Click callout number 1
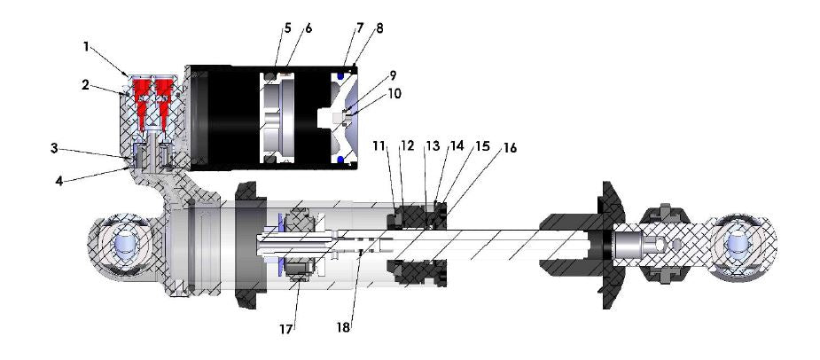pos(86,47)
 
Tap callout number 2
pos(86,85)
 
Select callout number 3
pos(54,148)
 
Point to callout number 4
pos(59,181)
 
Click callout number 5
pos(287,28)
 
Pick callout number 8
pos(379,28)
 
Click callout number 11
pos(379,146)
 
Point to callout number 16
pos(510,149)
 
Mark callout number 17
pos(285,330)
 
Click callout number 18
pos(344,328)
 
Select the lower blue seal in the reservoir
pos(341,159)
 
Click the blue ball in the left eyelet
pos(126,245)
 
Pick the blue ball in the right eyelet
pos(738,244)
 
